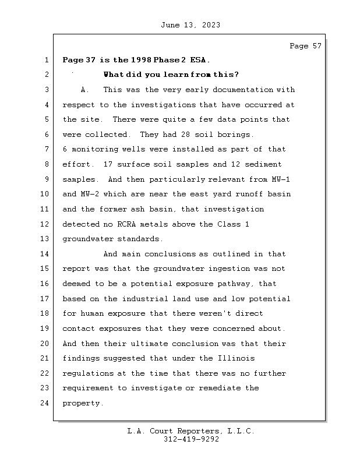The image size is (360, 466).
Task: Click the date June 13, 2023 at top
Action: coord(190,25)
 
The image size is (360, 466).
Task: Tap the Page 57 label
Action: coord(305,46)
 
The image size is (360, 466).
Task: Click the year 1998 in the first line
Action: coord(142,60)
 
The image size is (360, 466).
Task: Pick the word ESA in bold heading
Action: coord(198,60)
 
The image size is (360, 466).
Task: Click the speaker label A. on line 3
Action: coord(85,90)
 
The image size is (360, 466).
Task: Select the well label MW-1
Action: coord(280,179)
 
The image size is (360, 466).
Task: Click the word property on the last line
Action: coord(83,403)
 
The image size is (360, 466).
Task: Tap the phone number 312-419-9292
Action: coord(191,440)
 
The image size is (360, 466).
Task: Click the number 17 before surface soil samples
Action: coord(107,164)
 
